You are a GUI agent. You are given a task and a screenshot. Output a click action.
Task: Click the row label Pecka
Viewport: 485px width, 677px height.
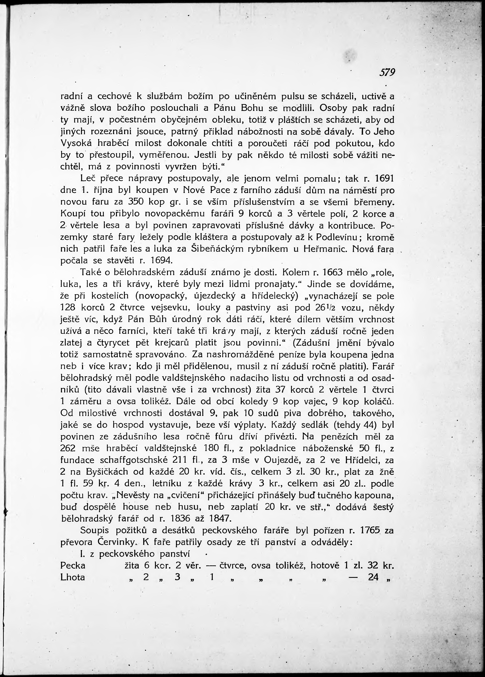[x=73, y=565]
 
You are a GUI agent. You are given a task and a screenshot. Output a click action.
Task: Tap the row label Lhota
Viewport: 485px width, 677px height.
[x=73, y=577]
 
